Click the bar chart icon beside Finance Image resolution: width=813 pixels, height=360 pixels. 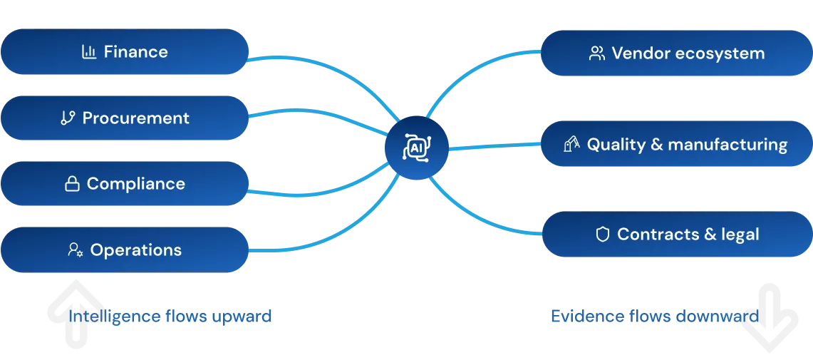point(89,52)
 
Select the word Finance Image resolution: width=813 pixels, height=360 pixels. point(136,52)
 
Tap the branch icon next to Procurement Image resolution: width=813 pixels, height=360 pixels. point(68,118)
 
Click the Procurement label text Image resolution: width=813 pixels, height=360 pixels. point(136,118)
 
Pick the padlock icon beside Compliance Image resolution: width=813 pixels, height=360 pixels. point(72,185)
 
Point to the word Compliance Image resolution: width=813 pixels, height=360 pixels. point(136,184)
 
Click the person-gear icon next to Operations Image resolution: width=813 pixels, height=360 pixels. point(76,250)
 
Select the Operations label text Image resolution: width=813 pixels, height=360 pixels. point(136,250)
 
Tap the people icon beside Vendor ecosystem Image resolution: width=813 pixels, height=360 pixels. point(597,53)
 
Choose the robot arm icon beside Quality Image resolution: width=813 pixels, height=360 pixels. point(571,145)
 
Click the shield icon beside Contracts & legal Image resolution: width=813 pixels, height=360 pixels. point(603,235)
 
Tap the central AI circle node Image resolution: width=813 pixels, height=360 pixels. point(416,148)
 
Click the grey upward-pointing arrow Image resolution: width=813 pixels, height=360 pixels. point(74,313)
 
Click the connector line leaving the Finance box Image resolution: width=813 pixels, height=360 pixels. point(299,56)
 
